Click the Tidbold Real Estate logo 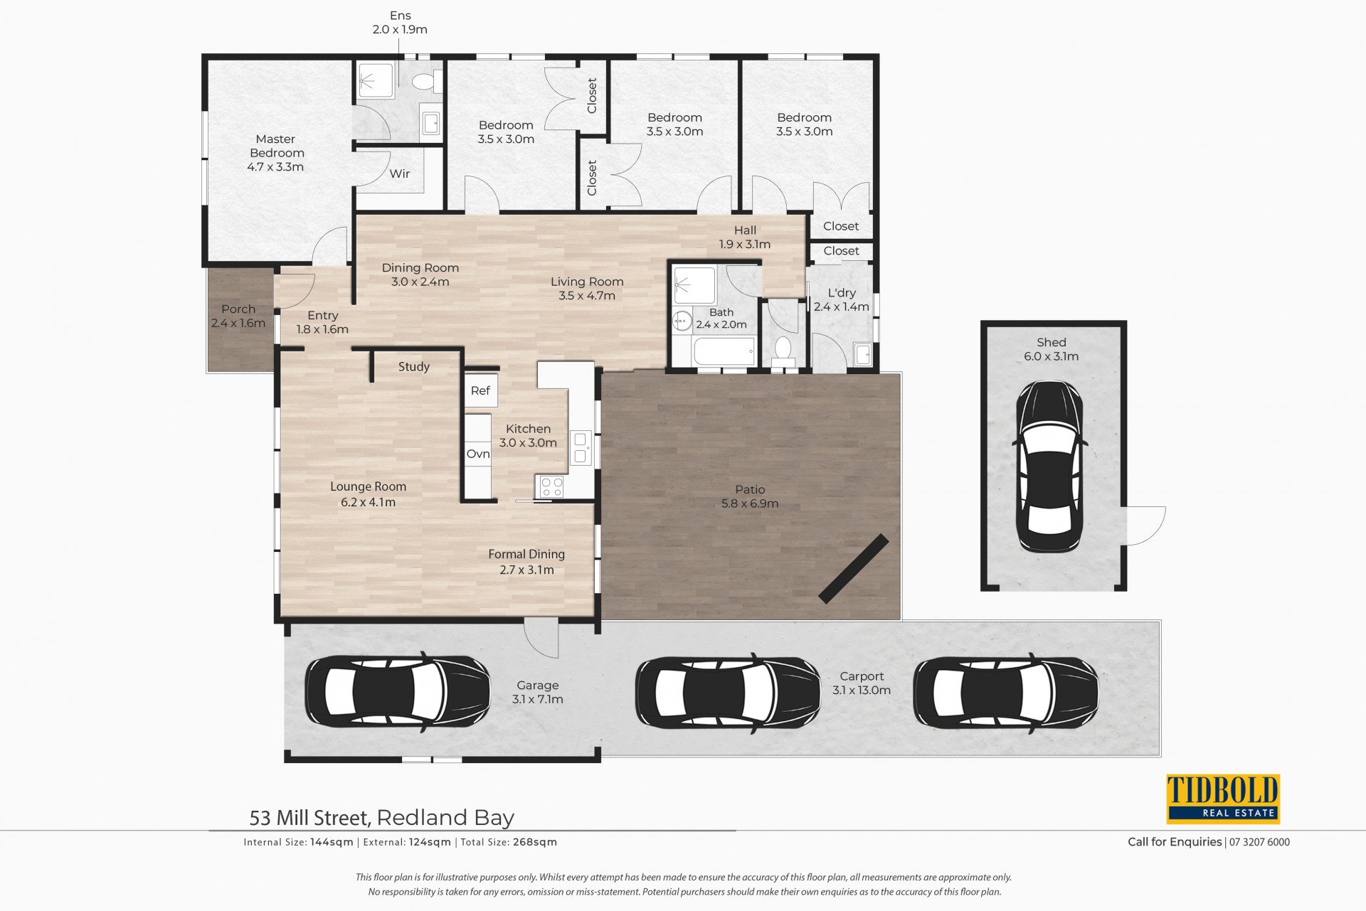coord(1222,799)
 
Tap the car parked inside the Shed coord(1049,467)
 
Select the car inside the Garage coord(398,691)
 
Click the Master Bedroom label coord(276,146)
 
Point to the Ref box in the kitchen coord(480,390)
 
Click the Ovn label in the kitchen coord(478,454)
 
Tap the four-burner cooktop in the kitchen coord(552,486)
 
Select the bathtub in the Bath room coord(723,351)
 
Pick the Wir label coord(400,174)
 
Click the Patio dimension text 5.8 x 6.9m coord(750,504)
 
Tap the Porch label coord(238,309)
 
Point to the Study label coord(414,366)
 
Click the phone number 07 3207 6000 coord(1259,842)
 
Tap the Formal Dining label coord(526,554)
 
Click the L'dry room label coord(842,293)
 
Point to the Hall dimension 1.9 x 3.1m coord(745,244)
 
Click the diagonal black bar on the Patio coord(854,568)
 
